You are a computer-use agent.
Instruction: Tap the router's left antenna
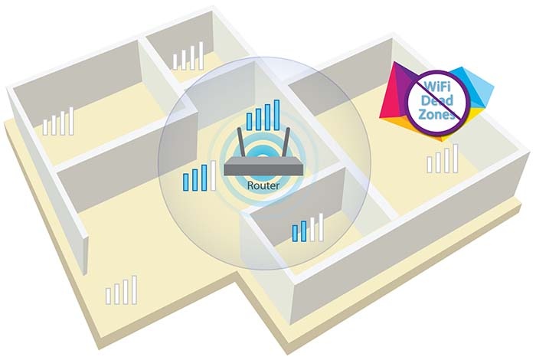(x=240, y=144)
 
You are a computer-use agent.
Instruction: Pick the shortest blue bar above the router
(x=249, y=122)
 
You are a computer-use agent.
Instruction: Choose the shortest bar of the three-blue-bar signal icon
(x=186, y=182)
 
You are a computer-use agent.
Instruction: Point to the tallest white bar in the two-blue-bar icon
(x=320, y=227)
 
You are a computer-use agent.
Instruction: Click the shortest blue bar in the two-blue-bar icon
(x=295, y=234)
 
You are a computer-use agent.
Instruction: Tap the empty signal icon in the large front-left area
(x=121, y=290)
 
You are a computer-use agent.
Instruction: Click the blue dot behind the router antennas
(x=263, y=152)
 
